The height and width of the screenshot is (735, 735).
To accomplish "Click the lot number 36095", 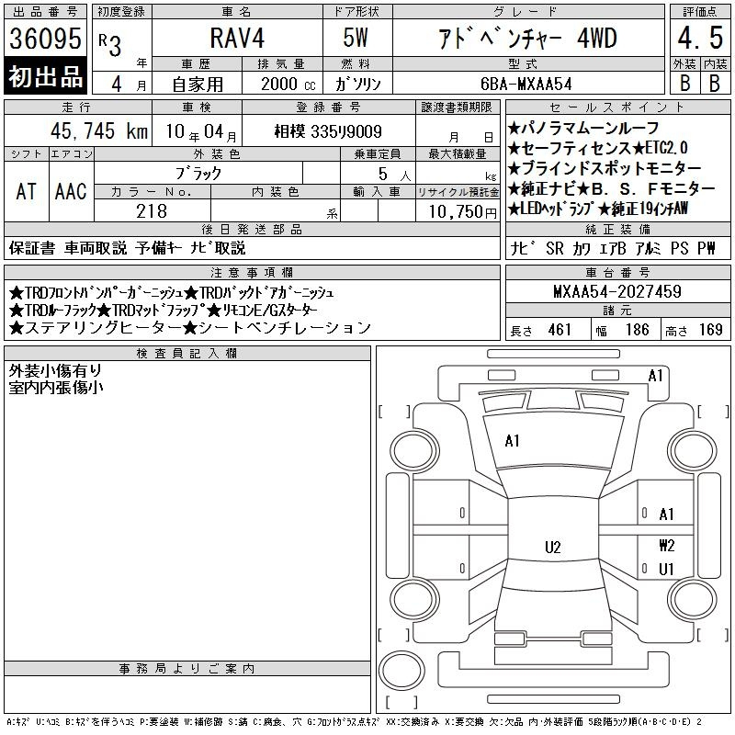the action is [x=45, y=38].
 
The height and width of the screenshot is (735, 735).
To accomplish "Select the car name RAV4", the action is [x=237, y=38].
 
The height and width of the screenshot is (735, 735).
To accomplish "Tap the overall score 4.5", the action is [x=700, y=38].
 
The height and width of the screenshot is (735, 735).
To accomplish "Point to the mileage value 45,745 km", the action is [x=99, y=130].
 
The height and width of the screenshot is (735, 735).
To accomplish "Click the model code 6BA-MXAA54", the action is [x=526, y=84].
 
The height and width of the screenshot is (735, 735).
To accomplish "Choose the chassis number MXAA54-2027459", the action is [x=617, y=291].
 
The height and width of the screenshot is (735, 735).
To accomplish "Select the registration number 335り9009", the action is [x=346, y=131].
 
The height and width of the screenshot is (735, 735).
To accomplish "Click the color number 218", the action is [x=152, y=211].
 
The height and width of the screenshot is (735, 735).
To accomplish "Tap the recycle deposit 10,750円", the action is [x=463, y=212].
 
